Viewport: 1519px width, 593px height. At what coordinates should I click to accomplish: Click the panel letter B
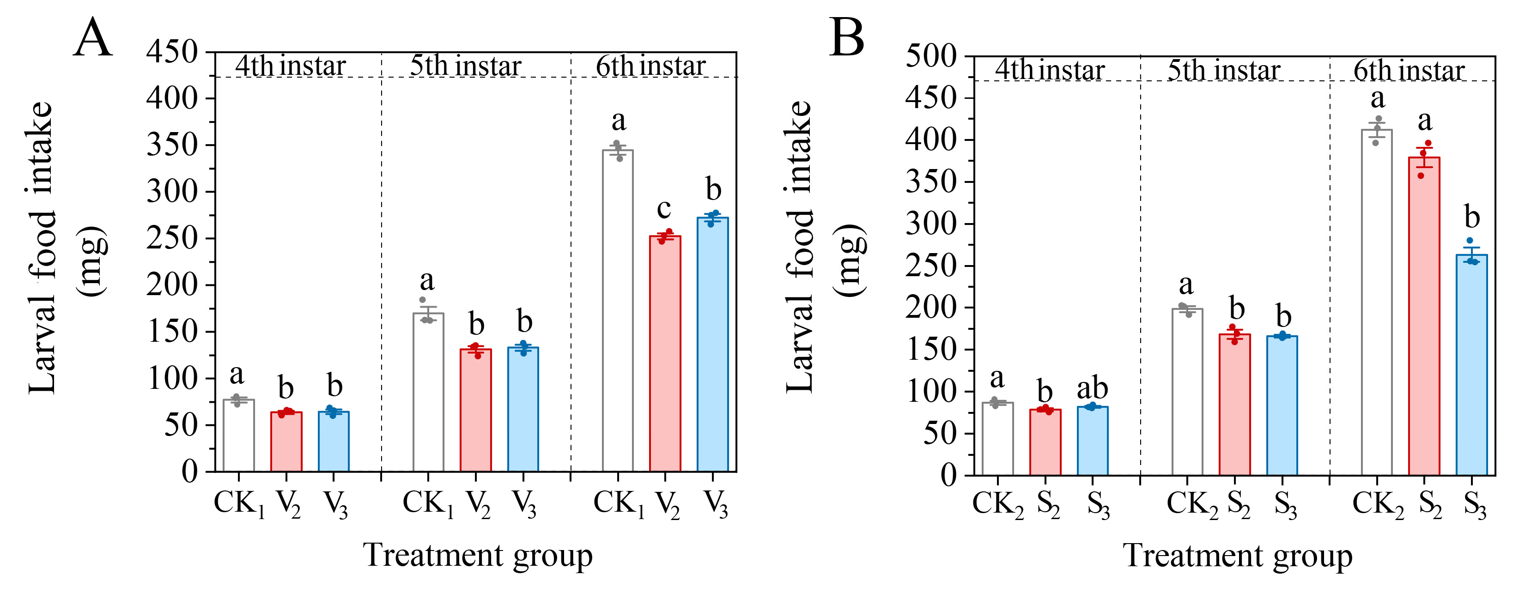pos(847,38)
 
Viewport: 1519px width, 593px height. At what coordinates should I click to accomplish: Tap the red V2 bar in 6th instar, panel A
pos(665,354)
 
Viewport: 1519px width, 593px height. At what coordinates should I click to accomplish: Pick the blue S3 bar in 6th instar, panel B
pos(1472,365)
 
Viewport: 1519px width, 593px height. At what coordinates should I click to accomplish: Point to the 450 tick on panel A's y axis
pos(172,52)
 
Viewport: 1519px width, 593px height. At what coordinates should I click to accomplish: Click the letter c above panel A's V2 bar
pos(664,208)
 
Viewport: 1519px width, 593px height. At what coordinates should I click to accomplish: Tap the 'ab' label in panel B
pos(1093,388)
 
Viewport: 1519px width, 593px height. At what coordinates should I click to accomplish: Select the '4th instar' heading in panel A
pos(290,66)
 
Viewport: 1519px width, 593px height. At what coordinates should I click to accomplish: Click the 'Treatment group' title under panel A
pos(478,555)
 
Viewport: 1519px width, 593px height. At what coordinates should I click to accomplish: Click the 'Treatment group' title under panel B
pos(1237,555)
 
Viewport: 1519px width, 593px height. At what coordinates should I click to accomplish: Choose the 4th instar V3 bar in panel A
pos(334,442)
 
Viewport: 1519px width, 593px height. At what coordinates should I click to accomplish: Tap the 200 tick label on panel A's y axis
pos(172,285)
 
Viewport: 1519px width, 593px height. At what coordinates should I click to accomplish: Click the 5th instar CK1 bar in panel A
pos(428,392)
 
